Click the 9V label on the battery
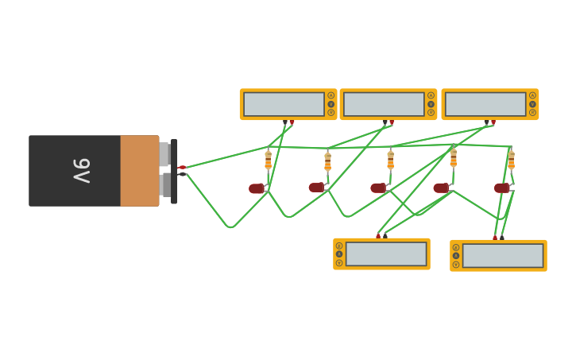point(82,170)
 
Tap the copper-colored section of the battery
point(140,171)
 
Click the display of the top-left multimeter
point(284,104)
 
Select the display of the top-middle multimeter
point(384,104)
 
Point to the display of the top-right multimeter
point(485,104)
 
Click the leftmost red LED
point(256,188)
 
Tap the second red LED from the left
point(316,188)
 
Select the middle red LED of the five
point(378,188)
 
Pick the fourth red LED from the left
point(440,188)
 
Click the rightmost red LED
point(501,188)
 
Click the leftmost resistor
point(269,161)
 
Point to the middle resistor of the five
point(390,160)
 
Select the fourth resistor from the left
point(454,157)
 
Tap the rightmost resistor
point(511,160)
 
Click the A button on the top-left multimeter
point(331,95)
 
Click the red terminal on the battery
point(182,168)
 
